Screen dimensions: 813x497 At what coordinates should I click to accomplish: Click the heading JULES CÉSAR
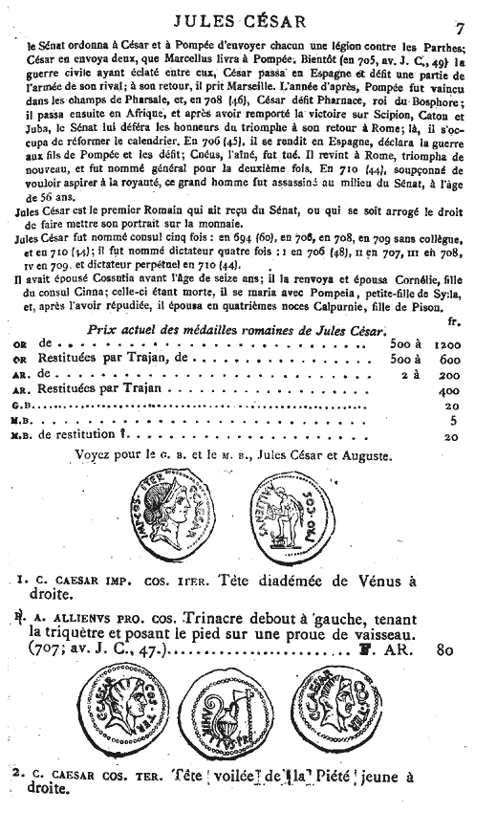247,16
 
